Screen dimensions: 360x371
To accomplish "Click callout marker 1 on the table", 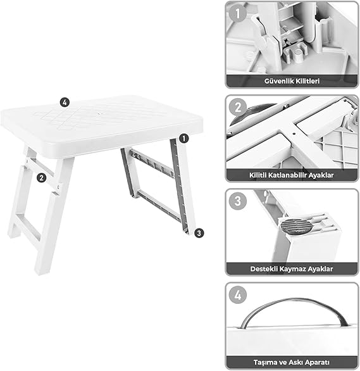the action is click(184, 139).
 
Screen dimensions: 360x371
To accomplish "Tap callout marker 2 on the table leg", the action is click(41, 177).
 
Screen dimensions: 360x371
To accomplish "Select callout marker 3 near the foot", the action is click(199, 233).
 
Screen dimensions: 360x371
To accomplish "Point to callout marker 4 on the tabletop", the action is click(65, 103).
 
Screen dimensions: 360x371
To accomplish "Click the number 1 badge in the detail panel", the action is click(237, 14).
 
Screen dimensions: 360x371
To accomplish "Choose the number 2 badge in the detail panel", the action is click(237, 107).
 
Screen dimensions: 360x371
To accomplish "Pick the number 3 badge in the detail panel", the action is click(237, 201).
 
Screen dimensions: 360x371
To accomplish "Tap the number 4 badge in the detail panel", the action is click(237, 295).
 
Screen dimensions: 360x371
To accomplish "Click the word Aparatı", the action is click(317, 363).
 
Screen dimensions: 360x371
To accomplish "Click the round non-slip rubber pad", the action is click(296, 226).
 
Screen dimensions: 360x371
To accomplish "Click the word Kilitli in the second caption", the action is click(258, 175).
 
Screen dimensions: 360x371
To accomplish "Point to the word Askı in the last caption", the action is click(296, 363).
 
